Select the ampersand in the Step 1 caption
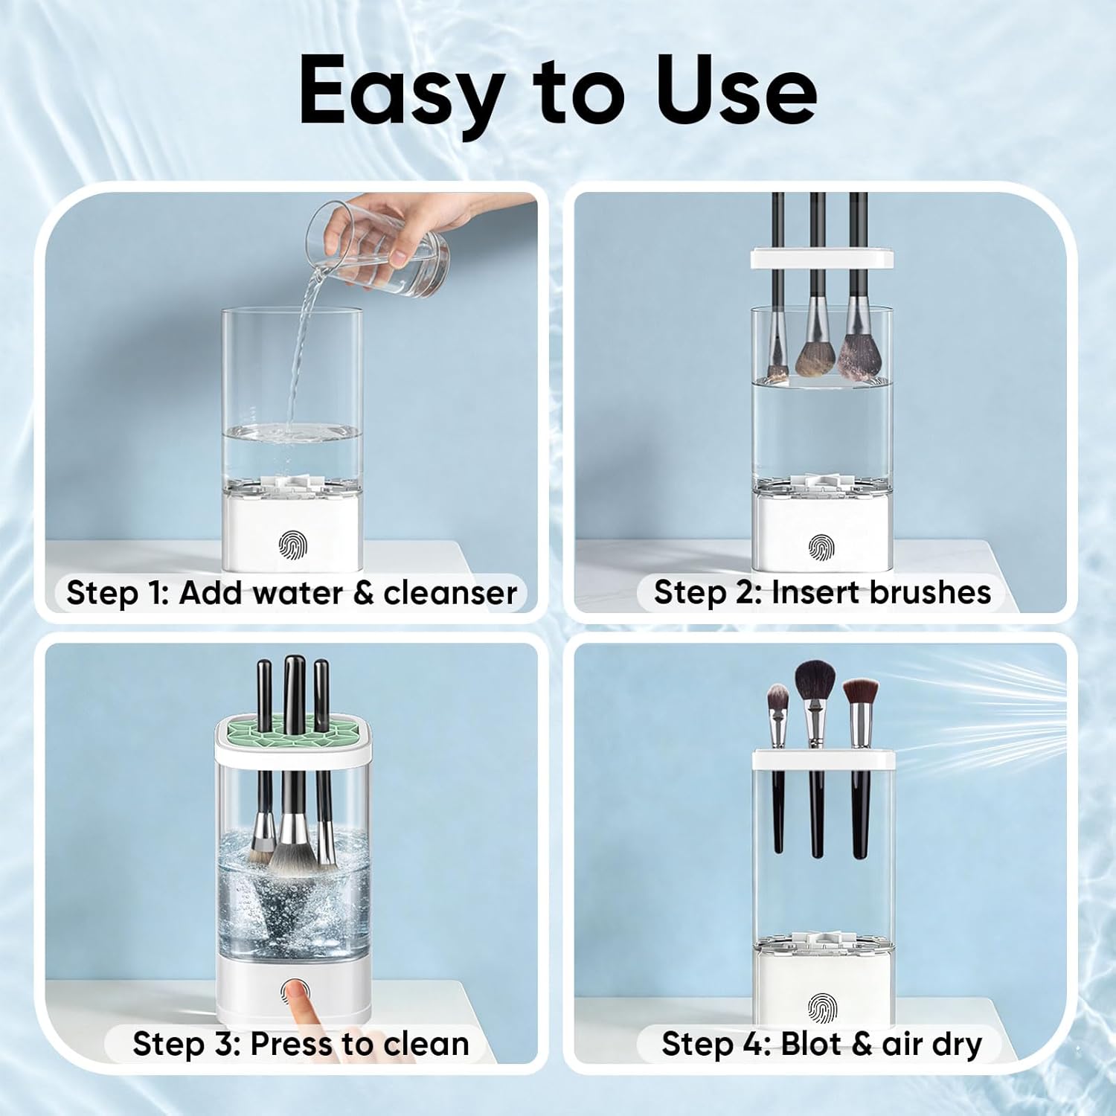point(364,594)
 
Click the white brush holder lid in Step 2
point(822,259)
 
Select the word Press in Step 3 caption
point(292,1044)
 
